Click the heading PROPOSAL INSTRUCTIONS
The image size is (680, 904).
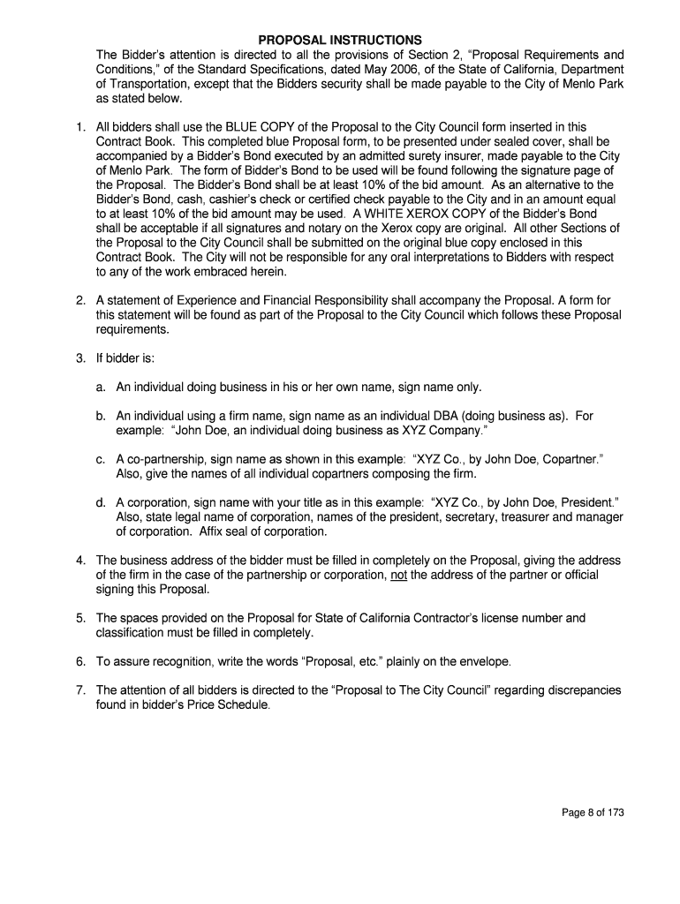pos(340,41)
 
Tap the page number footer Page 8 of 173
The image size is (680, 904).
pos(593,814)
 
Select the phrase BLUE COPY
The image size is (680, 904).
pos(256,127)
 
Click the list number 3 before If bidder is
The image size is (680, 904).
pos(79,358)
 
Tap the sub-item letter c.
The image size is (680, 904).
pos(101,460)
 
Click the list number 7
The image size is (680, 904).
pos(79,689)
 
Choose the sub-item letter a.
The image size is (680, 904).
pos(101,387)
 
